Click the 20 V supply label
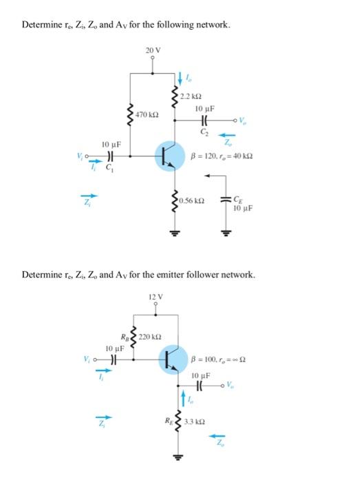[x=153, y=50]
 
